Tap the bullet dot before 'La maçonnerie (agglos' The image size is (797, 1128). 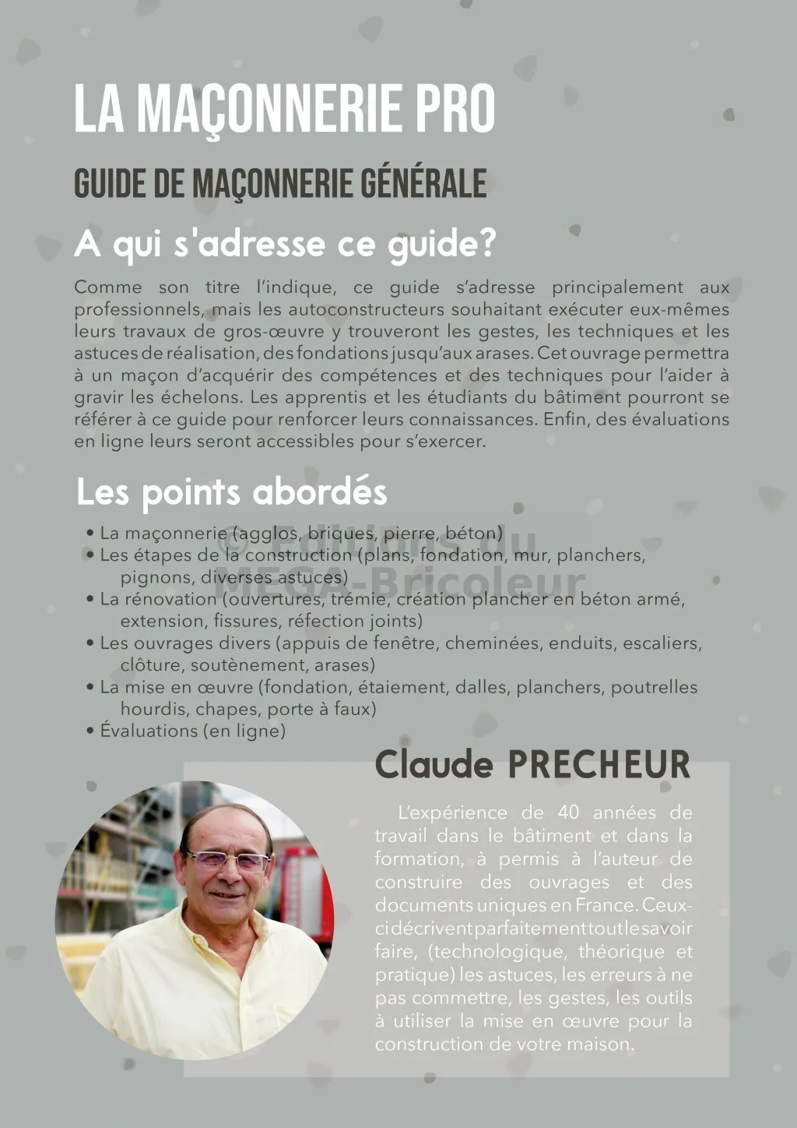tap(90, 534)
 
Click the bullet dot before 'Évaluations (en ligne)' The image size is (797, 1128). tap(90, 731)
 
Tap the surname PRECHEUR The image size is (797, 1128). tap(599, 765)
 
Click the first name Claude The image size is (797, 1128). tap(434, 765)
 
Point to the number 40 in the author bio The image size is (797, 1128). tap(569, 813)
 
